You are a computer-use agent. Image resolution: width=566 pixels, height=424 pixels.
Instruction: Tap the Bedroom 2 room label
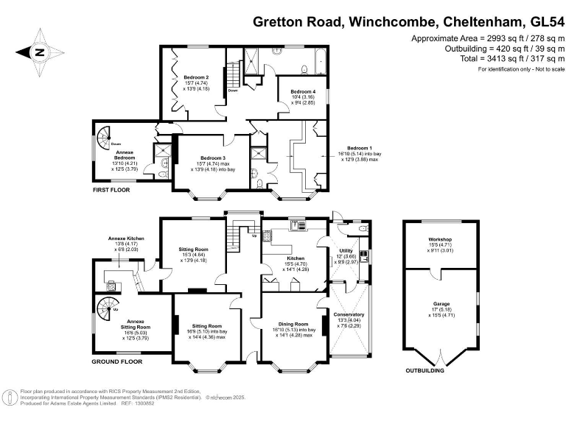(197, 77)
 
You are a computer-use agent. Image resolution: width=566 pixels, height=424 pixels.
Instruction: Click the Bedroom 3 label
(212, 158)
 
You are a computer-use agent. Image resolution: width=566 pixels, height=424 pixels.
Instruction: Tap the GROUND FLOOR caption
(117, 362)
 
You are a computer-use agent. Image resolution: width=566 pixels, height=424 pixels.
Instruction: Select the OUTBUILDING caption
(425, 370)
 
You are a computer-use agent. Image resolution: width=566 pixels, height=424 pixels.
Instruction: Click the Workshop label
(440, 240)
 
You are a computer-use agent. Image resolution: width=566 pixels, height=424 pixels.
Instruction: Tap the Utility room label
(346, 252)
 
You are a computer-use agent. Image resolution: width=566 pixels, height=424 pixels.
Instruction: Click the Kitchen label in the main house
(296, 258)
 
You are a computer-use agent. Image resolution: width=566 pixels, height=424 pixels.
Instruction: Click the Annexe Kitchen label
(127, 239)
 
